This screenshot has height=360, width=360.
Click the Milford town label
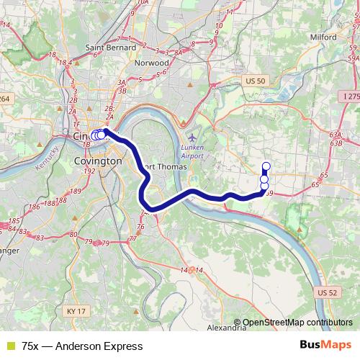pyautogui.click(x=323, y=36)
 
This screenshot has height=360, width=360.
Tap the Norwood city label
pyautogui.click(x=153, y=63)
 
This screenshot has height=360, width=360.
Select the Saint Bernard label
pyautogui.click(x=107, y=48)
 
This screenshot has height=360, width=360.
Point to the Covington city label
pyautogui.click(x=98, y=162)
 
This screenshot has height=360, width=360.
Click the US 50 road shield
pyautogui.click(x=256, y=81)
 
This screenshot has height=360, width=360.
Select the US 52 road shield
pyautogui.click(x=326, y=292)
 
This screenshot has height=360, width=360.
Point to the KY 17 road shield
pyautogui.click(x=74, y=310)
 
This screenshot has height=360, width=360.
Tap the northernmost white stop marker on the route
pyautogui.click(x=266, y=166)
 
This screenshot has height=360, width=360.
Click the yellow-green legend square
pyautogui.click(x=9, y=346)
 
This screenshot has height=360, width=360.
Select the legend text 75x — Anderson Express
pyautogui.click(x=82, y=346)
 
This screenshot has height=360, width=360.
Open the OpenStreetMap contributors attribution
pyautogui.click(x=298, y=323)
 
